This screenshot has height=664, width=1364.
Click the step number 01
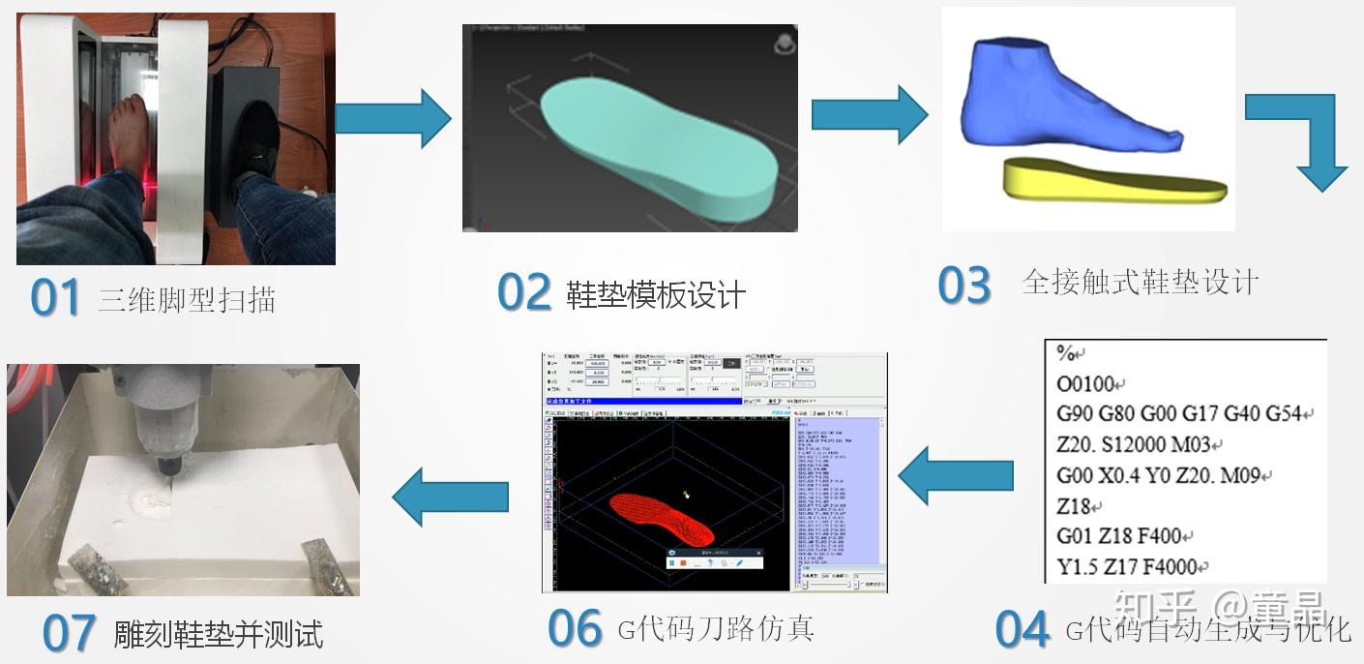[54, 298]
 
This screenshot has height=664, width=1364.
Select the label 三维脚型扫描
[187, 300]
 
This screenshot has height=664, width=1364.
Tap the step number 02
[523, 291]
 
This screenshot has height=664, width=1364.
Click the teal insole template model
[658, 145]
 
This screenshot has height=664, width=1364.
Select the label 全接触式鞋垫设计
[1140, 283]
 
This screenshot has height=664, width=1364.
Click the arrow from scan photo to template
[393, 118]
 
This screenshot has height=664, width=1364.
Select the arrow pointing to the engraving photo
[450, 496]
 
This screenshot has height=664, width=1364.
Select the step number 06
[575, 629]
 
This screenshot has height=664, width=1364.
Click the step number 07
[69, 634]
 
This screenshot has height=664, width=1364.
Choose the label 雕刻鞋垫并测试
[219, 635]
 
